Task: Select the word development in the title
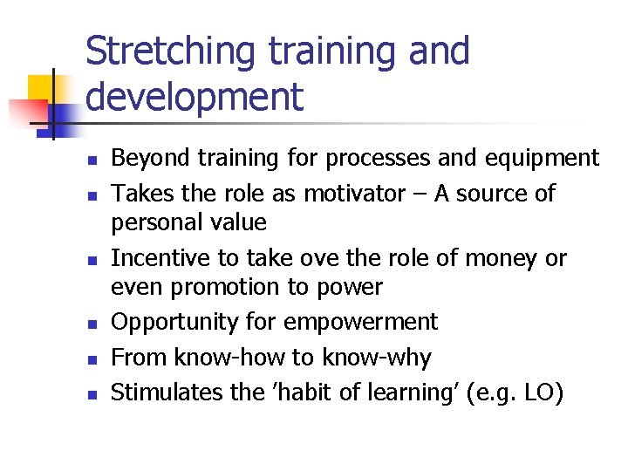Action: click(x=195, y=96)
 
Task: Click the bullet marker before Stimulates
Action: click(x=91, y=395)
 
